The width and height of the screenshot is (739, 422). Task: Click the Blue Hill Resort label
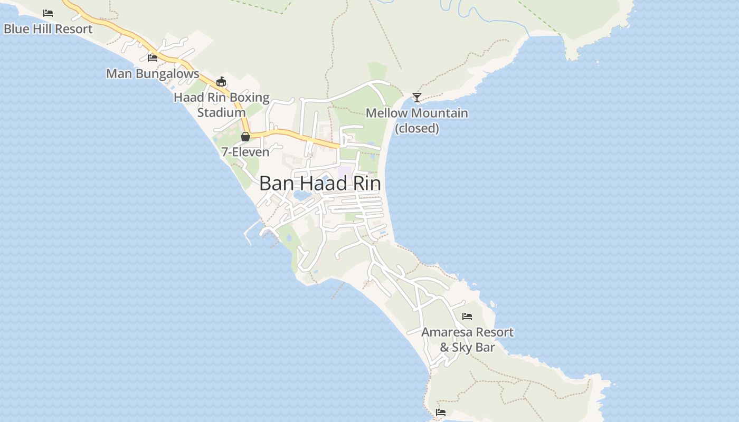(x=48, y=29)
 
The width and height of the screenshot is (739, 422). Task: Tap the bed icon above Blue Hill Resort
(x=48, y=13)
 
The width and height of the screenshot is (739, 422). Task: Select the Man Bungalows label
(x=153, y=74)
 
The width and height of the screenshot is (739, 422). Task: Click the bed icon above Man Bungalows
(x=153, y=57)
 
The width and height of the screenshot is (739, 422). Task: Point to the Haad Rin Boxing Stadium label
(x=222, y=105)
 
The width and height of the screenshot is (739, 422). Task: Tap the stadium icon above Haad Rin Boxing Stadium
(x=221, y=81)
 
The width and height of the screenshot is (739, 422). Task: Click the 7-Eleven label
(x=245, y=152)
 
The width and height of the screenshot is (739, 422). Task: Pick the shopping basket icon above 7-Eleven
(x=245, y=137)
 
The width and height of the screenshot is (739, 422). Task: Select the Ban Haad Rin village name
(x=320, y=184)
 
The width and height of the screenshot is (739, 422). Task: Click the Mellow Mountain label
(x=417, y=113)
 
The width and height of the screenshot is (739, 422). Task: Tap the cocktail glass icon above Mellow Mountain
(x=417, y=97)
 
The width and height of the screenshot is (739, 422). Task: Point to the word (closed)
(x=417, y=128)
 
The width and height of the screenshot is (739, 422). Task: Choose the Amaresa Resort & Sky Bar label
(x=467, y=340)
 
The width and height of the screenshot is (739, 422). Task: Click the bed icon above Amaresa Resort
(x=467, y=316)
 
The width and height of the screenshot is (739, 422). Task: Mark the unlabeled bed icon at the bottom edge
(x=441, y=412)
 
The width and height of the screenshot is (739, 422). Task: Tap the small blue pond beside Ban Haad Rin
(x=302, y=196)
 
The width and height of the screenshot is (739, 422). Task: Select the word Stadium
(x=222, y=112)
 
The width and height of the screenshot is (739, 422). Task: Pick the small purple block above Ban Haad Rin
(x=345, y=171)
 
